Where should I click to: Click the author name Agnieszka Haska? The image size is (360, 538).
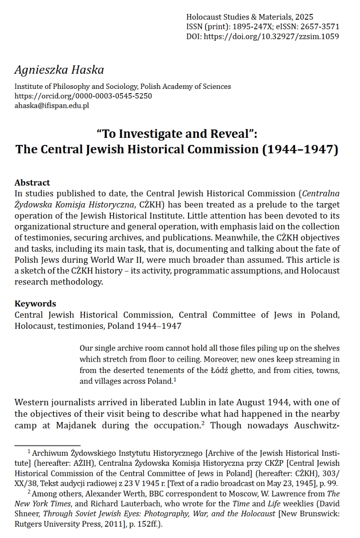click(59, 70)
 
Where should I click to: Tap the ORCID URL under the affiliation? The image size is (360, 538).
click(83, 96)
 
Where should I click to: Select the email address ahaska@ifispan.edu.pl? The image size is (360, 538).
click(52, 105)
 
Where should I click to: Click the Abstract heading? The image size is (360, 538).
click(32, 183)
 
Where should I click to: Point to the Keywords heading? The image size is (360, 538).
click(35, 303)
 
